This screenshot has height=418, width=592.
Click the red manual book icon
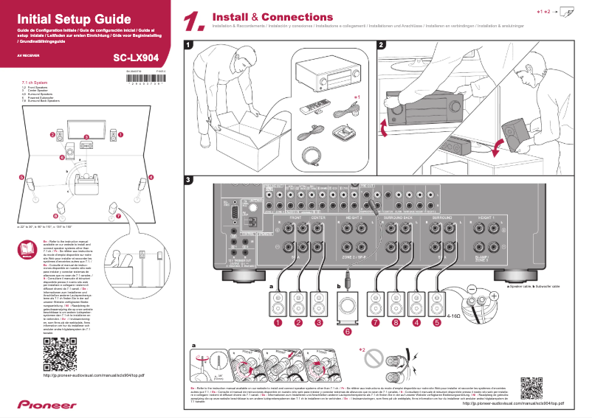point(27,248)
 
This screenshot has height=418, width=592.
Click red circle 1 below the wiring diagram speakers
point(278,322)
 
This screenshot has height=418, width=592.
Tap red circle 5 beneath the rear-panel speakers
point(437,322)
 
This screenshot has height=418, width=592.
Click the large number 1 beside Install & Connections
point(193,21)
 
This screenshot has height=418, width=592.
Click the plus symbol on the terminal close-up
point(492,296)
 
